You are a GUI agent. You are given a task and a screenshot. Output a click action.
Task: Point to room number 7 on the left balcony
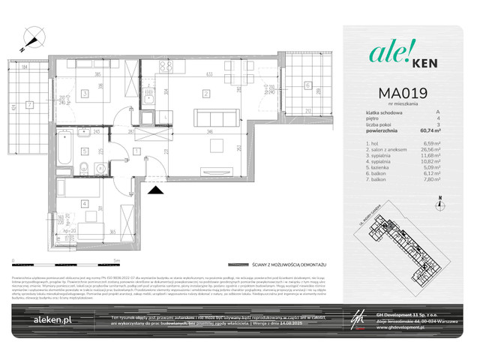28,104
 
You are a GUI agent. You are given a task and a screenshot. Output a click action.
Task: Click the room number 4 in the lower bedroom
85,202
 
